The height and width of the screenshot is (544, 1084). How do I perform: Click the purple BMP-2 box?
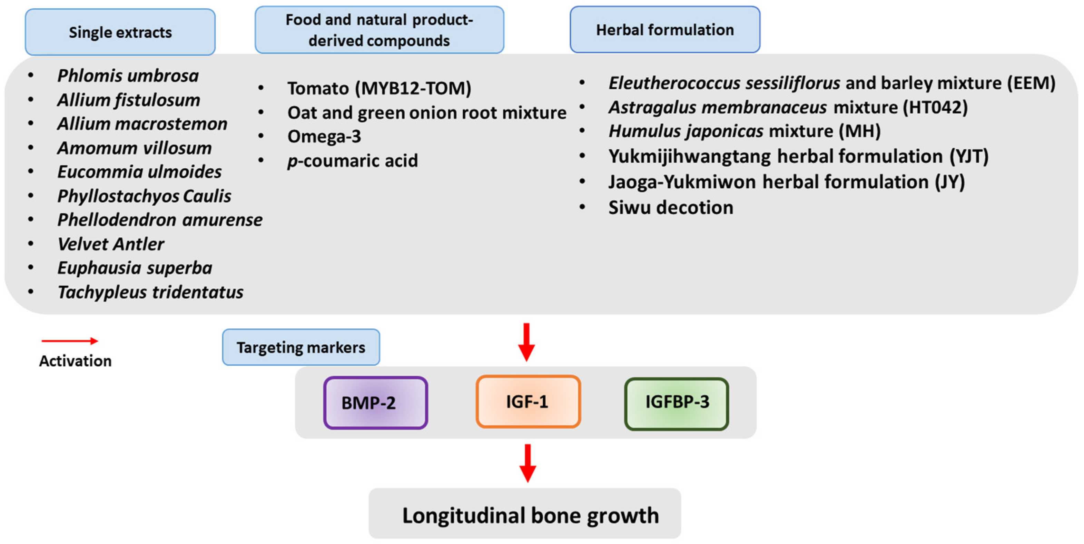pyautogui.click(x=375, y=403)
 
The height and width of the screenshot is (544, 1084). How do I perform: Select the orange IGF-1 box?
pyautogui.click(x=528, y=402)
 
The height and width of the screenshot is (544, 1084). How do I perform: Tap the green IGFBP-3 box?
pyautogui.click(x=676, y=403)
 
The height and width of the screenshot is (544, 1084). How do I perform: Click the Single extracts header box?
pyautogui.click(x=120, y=32)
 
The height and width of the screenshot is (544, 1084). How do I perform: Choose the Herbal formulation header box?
pyautogui.click(x=664, y=29)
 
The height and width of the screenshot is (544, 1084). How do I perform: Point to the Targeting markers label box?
pyautogui.click(x=300, y=347)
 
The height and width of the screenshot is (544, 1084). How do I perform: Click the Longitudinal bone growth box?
pyautogui.click(x=524, y=514)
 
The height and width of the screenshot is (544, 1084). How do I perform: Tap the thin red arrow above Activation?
pyautogui.click(x=69, y=341)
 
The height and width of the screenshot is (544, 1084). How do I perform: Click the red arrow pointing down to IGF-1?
pyautogui.click(x=526, y=341)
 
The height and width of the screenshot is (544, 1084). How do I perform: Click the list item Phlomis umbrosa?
pyautogui.click(x=128, y=76)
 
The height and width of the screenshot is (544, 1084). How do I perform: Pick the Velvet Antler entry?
pyautogui.click(x=111, y=244)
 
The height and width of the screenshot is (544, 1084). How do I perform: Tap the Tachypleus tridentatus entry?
pyautogui.click(x=150, y=292)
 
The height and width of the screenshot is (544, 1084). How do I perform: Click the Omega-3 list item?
pyautogui.click(x=324, y=136)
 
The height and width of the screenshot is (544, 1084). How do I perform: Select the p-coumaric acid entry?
pyautogui.click(x=352, y=161)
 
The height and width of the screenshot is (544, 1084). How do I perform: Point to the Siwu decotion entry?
pyautogui.click(x=670, y=207)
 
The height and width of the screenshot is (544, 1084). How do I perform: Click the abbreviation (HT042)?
pyautogui.click(x=935, y=107)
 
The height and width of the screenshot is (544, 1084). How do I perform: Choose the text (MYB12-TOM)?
pyautogui.click(x=413, y=88)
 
